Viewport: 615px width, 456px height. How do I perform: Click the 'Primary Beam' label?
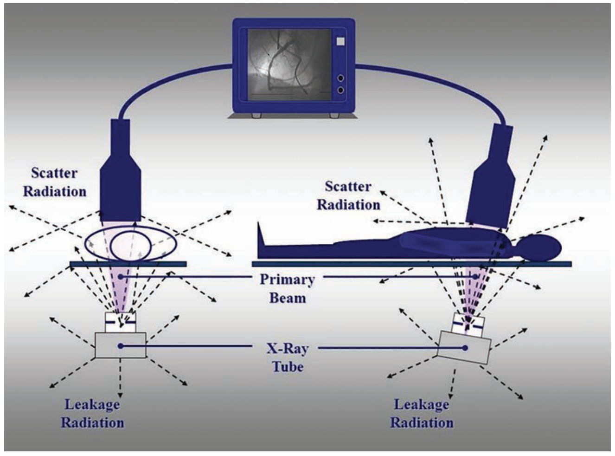click(x=287, y=288)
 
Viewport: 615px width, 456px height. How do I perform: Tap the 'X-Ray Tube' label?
click(x=288, y=358)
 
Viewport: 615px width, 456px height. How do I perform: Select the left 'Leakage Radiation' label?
click(x=92, y=413)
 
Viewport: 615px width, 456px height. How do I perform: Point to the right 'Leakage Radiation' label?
click(x=422, y=413)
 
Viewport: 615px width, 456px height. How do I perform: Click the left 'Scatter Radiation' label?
click(x=54, y=182)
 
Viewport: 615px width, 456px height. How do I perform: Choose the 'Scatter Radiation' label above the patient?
click(x=348, y=195)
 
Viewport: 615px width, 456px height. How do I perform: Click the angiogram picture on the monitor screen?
click(x=289, y=65)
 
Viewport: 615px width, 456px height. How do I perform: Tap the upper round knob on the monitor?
click(x=340, y=78)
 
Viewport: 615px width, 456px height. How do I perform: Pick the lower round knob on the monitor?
click(x=340, y=90)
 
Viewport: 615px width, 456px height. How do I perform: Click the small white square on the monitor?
click(x=340, y=41)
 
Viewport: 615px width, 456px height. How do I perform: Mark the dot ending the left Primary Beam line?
click(x=121, y=277)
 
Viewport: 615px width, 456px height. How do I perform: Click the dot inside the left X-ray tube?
click(x=121, y=346)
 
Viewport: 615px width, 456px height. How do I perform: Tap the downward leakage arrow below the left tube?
click(x=121, y=378)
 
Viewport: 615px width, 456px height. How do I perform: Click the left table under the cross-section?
click(x=128, y=264)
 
